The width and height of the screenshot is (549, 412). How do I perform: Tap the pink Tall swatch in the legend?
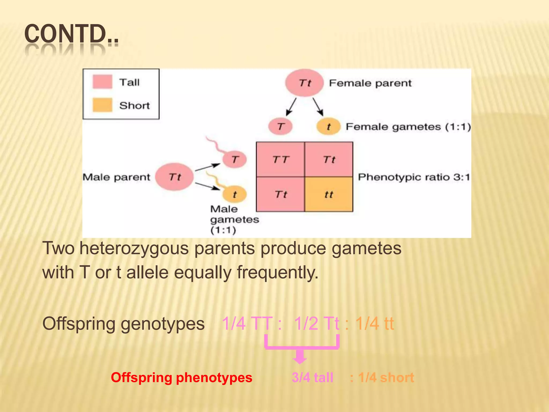[102, 82]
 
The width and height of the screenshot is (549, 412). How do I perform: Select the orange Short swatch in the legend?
[102, 105]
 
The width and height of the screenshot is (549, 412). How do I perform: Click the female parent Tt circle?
[304, 83]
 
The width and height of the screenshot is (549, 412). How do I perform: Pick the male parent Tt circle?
[175, 177]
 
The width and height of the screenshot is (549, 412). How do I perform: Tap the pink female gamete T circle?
[280, 126]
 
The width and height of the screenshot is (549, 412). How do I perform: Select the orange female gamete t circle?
[328, 126]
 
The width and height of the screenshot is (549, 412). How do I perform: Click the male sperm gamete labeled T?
[235, 160]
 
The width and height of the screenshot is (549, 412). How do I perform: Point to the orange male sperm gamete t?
[235, 194]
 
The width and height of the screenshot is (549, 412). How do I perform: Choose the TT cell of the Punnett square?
[280, 160]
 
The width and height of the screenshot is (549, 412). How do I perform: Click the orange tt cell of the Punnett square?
[329, 194]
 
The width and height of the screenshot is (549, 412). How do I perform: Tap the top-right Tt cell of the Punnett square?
[329, 160]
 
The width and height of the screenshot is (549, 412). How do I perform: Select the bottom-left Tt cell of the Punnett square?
[280, 194]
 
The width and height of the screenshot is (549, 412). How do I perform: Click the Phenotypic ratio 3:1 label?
[414, 177]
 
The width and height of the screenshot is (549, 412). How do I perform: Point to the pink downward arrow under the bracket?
[300, 356]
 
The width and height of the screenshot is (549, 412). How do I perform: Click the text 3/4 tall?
[312, 377]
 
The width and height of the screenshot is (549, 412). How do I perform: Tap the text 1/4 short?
[386, 377]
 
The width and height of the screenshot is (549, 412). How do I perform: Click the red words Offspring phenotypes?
[181, 377]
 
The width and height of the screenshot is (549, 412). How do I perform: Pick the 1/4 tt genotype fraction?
[374, 323]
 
